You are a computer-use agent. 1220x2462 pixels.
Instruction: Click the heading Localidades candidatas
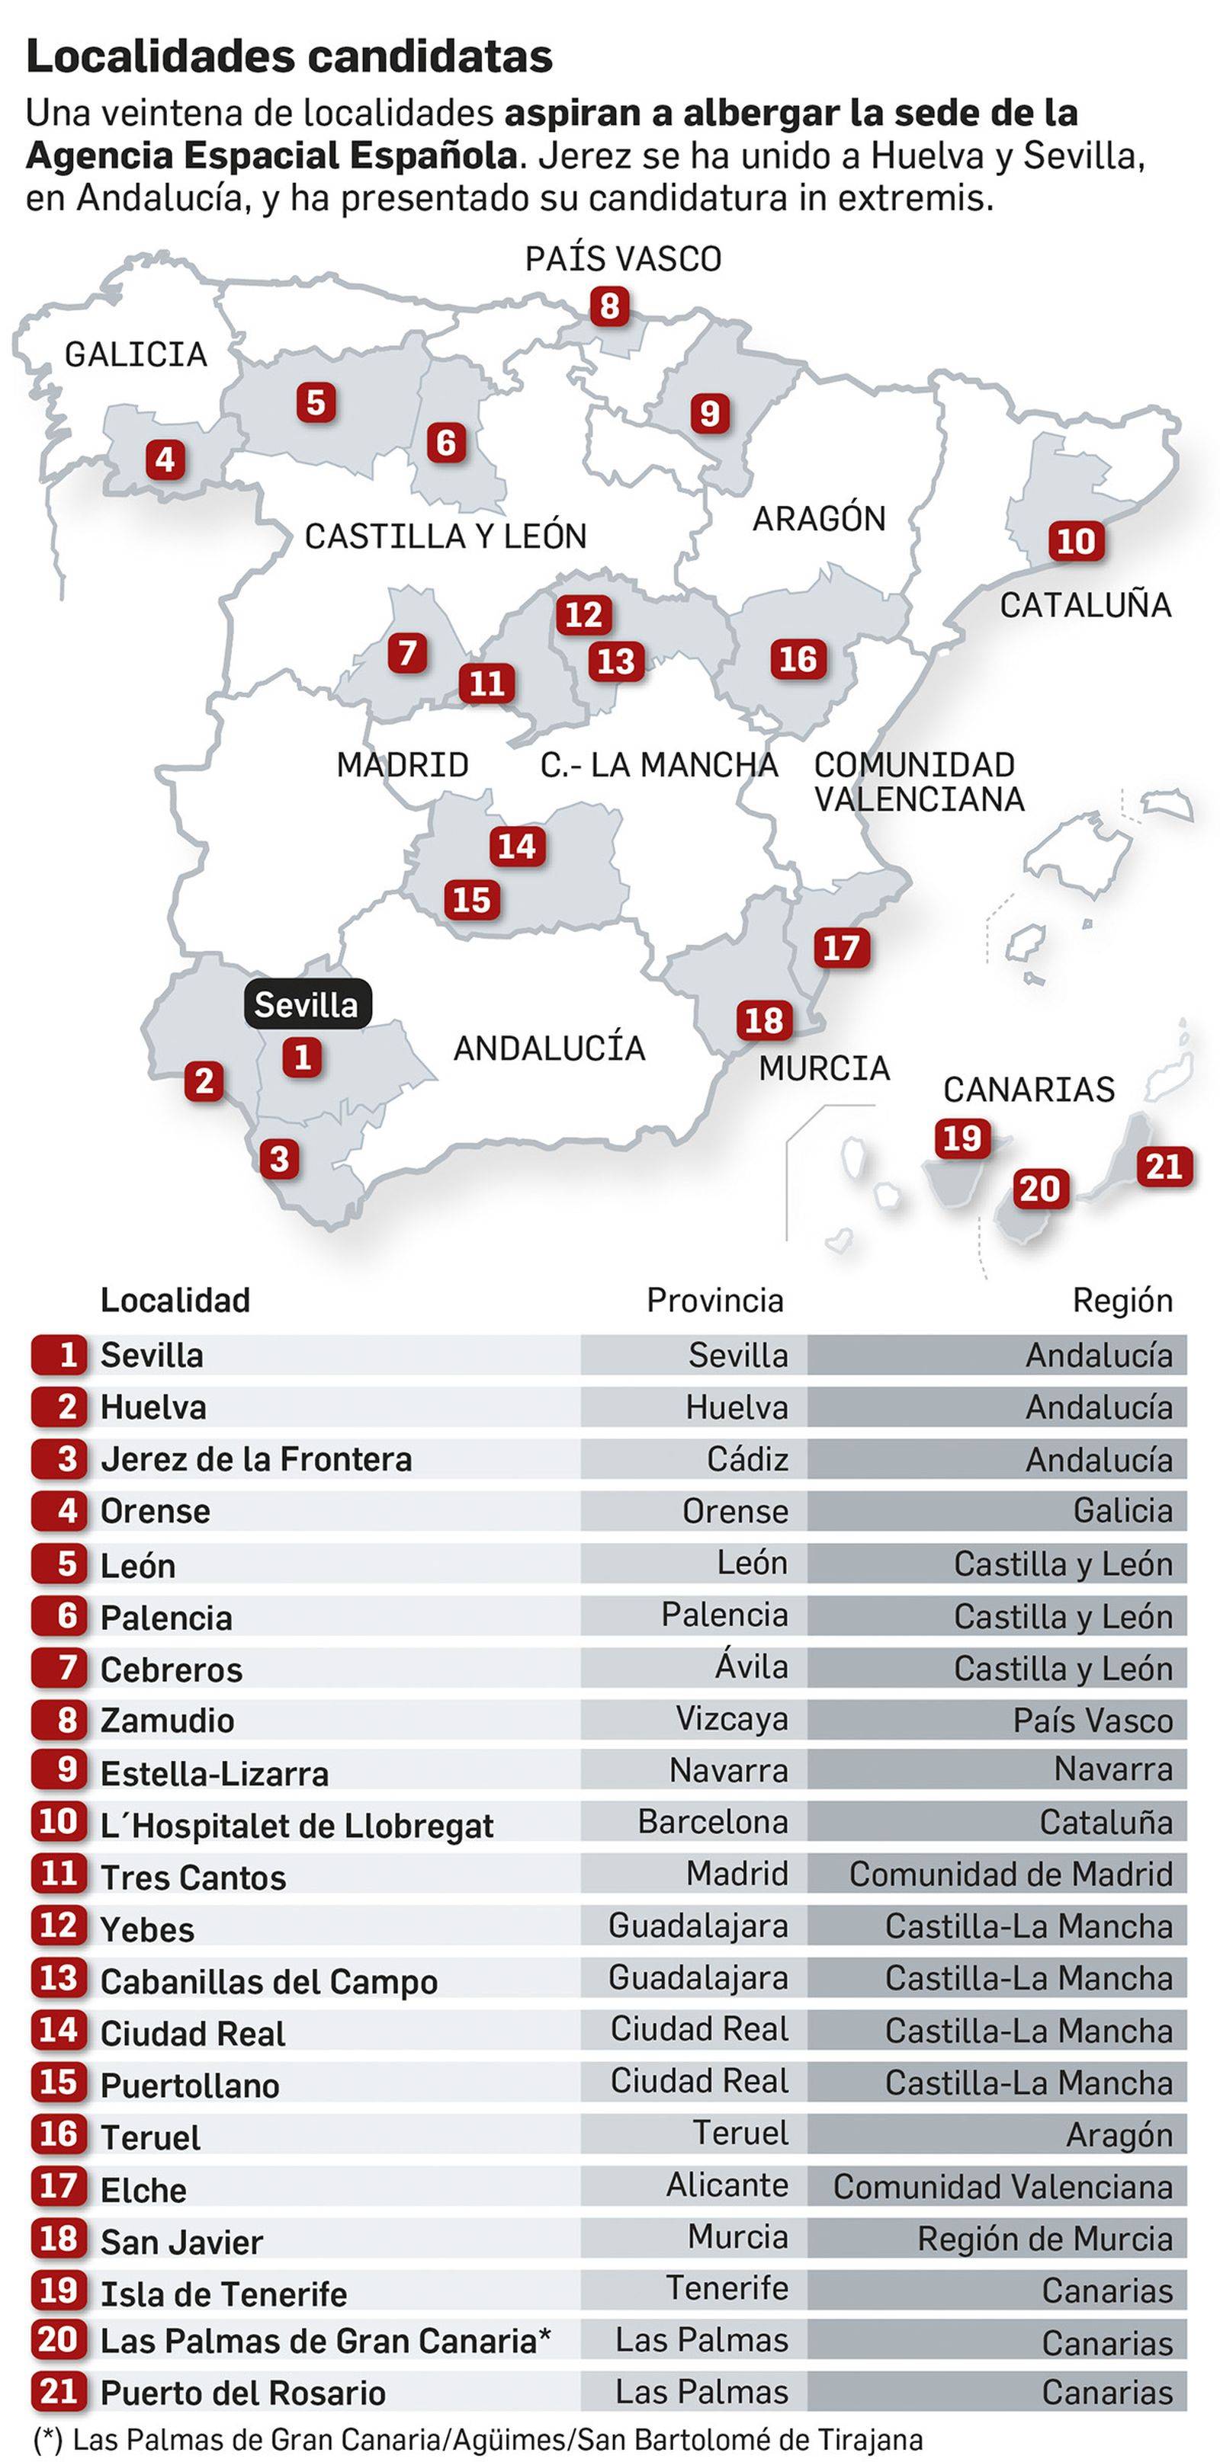[289, 56]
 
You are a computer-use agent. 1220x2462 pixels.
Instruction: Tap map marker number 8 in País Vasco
[609, 307]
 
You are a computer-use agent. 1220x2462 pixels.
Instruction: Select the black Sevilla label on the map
[306, 1004]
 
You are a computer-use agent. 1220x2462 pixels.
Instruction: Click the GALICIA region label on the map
[136, 354]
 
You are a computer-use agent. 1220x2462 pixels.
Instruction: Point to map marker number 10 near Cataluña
[1076, 541]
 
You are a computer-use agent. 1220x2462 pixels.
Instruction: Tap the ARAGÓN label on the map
[820, 519]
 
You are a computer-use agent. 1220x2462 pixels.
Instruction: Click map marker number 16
[798, 659]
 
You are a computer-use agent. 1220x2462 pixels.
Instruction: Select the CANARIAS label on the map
[1029, 1090]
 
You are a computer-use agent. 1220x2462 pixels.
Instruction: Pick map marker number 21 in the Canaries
[1164, 1167]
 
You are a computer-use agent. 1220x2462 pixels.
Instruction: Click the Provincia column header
[714, 1300]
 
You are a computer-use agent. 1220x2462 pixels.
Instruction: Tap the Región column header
[1122, 1300]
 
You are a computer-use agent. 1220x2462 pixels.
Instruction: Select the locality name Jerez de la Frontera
[256, 1459]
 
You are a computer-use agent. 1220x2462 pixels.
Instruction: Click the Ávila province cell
[752, 1666]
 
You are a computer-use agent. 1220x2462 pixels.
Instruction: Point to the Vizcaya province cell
[731, 1718]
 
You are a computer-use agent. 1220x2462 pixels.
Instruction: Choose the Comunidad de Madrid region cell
[1010, 1875]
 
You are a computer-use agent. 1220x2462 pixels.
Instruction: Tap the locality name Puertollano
[189, 2086]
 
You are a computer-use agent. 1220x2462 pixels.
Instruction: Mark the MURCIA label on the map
[824, 1068]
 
